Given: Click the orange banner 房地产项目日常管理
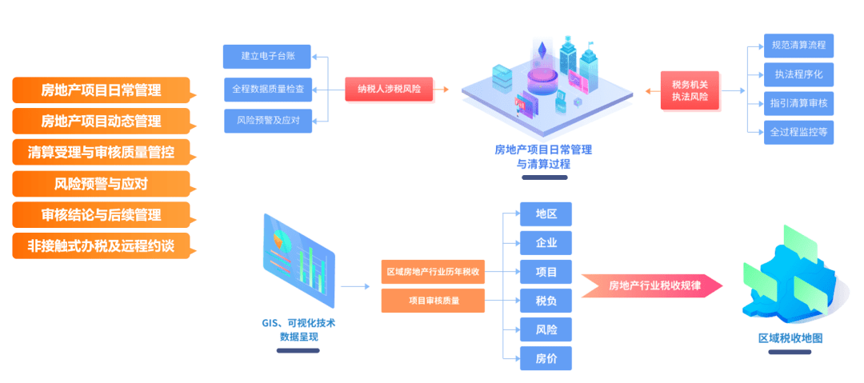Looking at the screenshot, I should [101, 90].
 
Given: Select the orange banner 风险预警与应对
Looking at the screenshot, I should [101, 184].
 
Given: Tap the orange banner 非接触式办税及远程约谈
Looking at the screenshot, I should [101, 246].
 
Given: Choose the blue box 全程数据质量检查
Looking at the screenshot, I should [267, 89].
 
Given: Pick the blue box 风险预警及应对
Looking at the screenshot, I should [267, 121].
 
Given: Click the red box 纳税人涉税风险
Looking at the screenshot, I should [389, 89].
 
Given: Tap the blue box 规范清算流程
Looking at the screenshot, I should [798, 45].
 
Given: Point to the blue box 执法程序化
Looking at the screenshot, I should [798, 74].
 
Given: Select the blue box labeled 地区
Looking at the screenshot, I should [546, 214].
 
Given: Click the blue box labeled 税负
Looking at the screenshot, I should [546, 301].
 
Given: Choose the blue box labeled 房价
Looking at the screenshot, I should [546, 358].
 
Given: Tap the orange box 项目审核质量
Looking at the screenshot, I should [433, 301].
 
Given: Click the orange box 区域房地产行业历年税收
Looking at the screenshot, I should [433, 272].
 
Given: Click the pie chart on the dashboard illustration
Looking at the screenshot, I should [280, 239].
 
